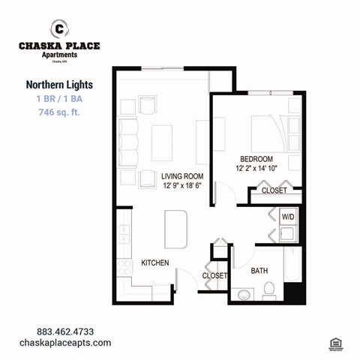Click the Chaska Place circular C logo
point(59,29)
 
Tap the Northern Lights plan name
point(58,85)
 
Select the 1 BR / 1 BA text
point(58,99)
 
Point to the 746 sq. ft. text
point(58,112)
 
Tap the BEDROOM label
point(256,158)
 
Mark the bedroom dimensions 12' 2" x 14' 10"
point(256,168)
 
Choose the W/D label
point(287,217)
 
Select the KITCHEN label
point(154,262)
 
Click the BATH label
point(259,270)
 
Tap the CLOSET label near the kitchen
point(214,276)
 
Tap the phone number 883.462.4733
point(64,331)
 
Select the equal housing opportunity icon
point(334,342)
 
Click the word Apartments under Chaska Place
point(59,54)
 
